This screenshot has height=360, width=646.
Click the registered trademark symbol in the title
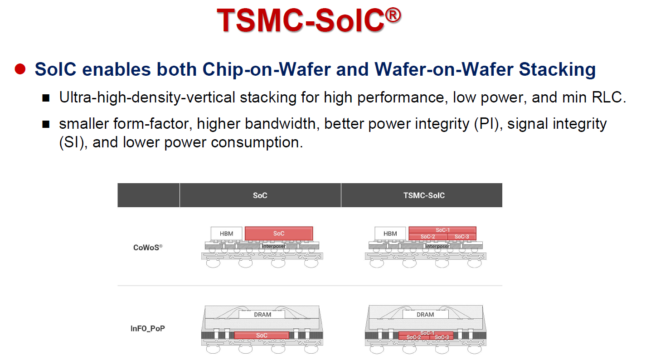click(393, 15)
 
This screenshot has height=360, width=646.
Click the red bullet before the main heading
click(19, 69)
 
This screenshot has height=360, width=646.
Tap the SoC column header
click(260, 195)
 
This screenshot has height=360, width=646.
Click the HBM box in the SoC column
click(226, 234)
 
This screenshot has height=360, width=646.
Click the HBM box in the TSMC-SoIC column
click(390, 234)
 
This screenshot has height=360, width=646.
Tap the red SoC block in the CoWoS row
click(279, 234)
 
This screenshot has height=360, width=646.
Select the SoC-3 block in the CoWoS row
click(461, 237)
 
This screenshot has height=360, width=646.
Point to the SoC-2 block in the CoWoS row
click(427, 237)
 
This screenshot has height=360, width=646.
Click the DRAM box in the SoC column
click(262, 314)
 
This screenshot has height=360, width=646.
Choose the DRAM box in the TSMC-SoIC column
click(425, 314)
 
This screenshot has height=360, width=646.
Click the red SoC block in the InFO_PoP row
click(262, 336)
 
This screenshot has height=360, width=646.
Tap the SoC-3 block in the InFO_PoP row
click(442, 337)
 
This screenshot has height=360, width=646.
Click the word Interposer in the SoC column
click(274, 246)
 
